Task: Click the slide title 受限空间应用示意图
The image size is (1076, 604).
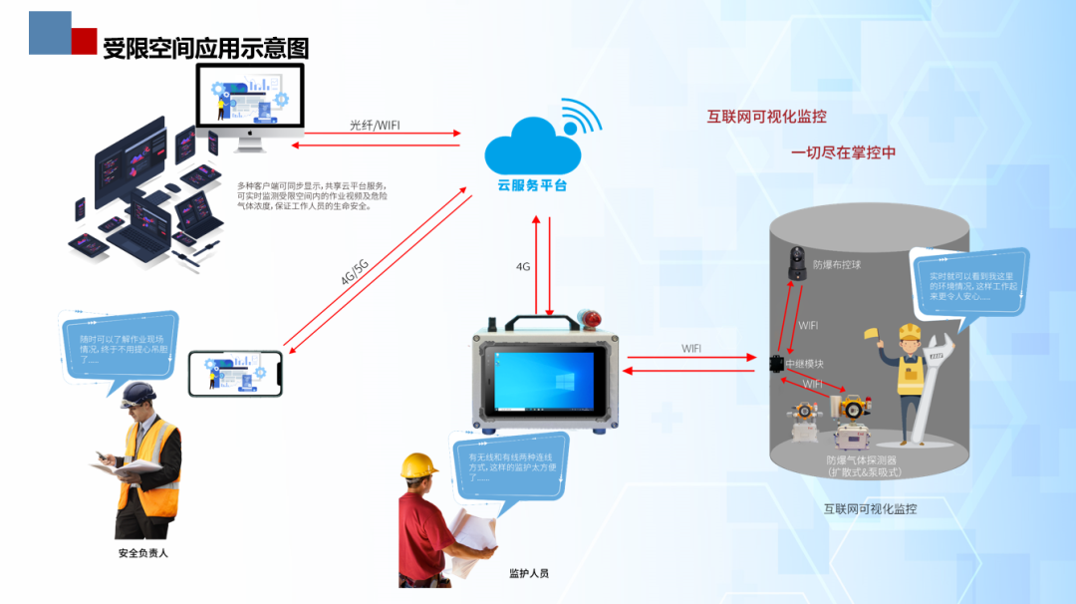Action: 205,48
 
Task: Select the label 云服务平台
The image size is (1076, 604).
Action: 532,185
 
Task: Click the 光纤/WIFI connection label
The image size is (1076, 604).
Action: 376,126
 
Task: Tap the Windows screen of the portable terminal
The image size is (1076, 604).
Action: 543,383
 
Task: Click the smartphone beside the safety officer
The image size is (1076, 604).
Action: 236,372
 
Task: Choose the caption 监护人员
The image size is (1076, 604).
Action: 528,573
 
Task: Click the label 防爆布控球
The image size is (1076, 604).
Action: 836,265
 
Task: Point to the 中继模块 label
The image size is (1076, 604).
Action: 804,364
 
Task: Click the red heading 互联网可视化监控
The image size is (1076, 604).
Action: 766,117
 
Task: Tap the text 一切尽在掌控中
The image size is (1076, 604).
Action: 843,152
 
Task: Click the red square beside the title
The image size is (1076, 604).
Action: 84,41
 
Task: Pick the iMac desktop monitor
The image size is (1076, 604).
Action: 249,105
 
